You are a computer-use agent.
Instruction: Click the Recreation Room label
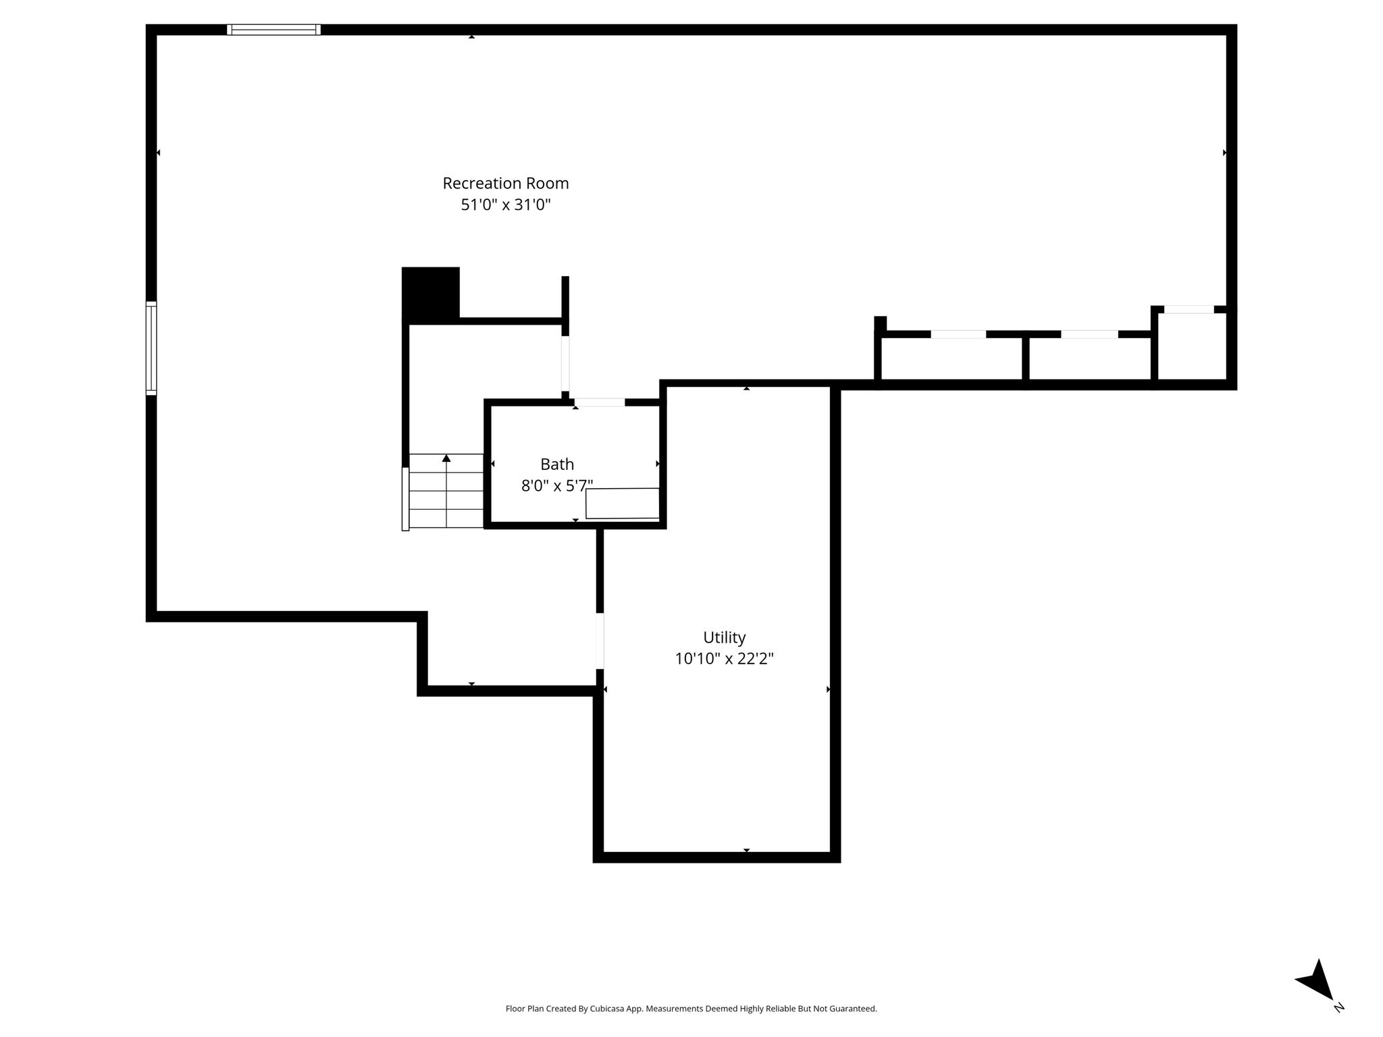[x=506, y=184]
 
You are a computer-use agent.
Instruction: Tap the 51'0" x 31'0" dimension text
[x=506, y=205]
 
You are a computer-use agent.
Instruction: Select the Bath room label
[x=557, y=464]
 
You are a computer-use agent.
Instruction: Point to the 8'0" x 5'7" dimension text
[x=557, y=485]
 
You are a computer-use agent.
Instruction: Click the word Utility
[x=724, y=638]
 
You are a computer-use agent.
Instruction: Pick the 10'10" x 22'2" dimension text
[x=724, y=659]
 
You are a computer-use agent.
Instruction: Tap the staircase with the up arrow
[x=446, y=491]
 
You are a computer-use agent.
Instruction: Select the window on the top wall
[x=273, y=30]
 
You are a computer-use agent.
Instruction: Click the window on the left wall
[x=151, y=348]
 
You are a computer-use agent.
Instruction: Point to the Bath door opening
[x=600, y=402]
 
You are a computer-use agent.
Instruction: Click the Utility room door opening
[x=600, y=641]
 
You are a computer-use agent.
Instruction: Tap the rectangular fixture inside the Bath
[x=623, y=504]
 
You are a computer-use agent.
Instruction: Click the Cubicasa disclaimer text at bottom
[x=691, y=1009]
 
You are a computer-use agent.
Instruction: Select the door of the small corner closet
[x=1189, y=309]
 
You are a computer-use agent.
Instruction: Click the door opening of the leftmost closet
[x=958, y=334]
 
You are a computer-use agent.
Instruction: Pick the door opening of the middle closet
[x=1090, y=334]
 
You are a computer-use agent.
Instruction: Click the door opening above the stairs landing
[x=565, y=363]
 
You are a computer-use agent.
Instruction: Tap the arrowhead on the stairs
[x=446, y=458]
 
